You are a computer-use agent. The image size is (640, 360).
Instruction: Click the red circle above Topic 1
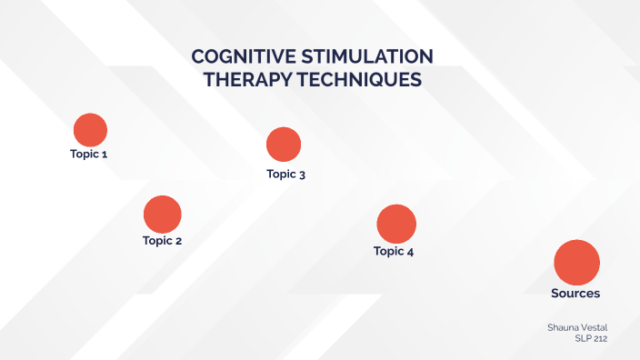coord(90,130)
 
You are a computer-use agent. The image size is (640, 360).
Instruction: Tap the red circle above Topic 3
coord(284,145)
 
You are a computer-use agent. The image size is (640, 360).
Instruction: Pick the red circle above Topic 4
coord(396,224)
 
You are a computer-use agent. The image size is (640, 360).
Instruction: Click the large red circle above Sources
coord(576,262)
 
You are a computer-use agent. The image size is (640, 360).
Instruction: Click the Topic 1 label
coord(89,155)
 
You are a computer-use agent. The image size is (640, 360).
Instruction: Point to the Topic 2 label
coord(163,241)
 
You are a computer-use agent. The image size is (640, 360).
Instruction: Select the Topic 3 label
coord(285,174)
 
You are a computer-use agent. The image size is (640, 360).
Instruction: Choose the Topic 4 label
coord(394,251)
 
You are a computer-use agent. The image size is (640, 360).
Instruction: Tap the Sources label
coord(575,294)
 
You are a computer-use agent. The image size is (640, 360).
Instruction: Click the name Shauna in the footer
coord(564,325)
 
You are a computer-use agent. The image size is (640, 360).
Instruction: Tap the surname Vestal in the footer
coord(595,325)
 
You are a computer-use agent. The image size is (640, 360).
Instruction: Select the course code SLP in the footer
coord(583,338)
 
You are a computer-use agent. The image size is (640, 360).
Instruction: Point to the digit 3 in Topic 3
coord(302,174)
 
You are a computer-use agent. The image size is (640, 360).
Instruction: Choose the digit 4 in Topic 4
coord(411,251)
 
